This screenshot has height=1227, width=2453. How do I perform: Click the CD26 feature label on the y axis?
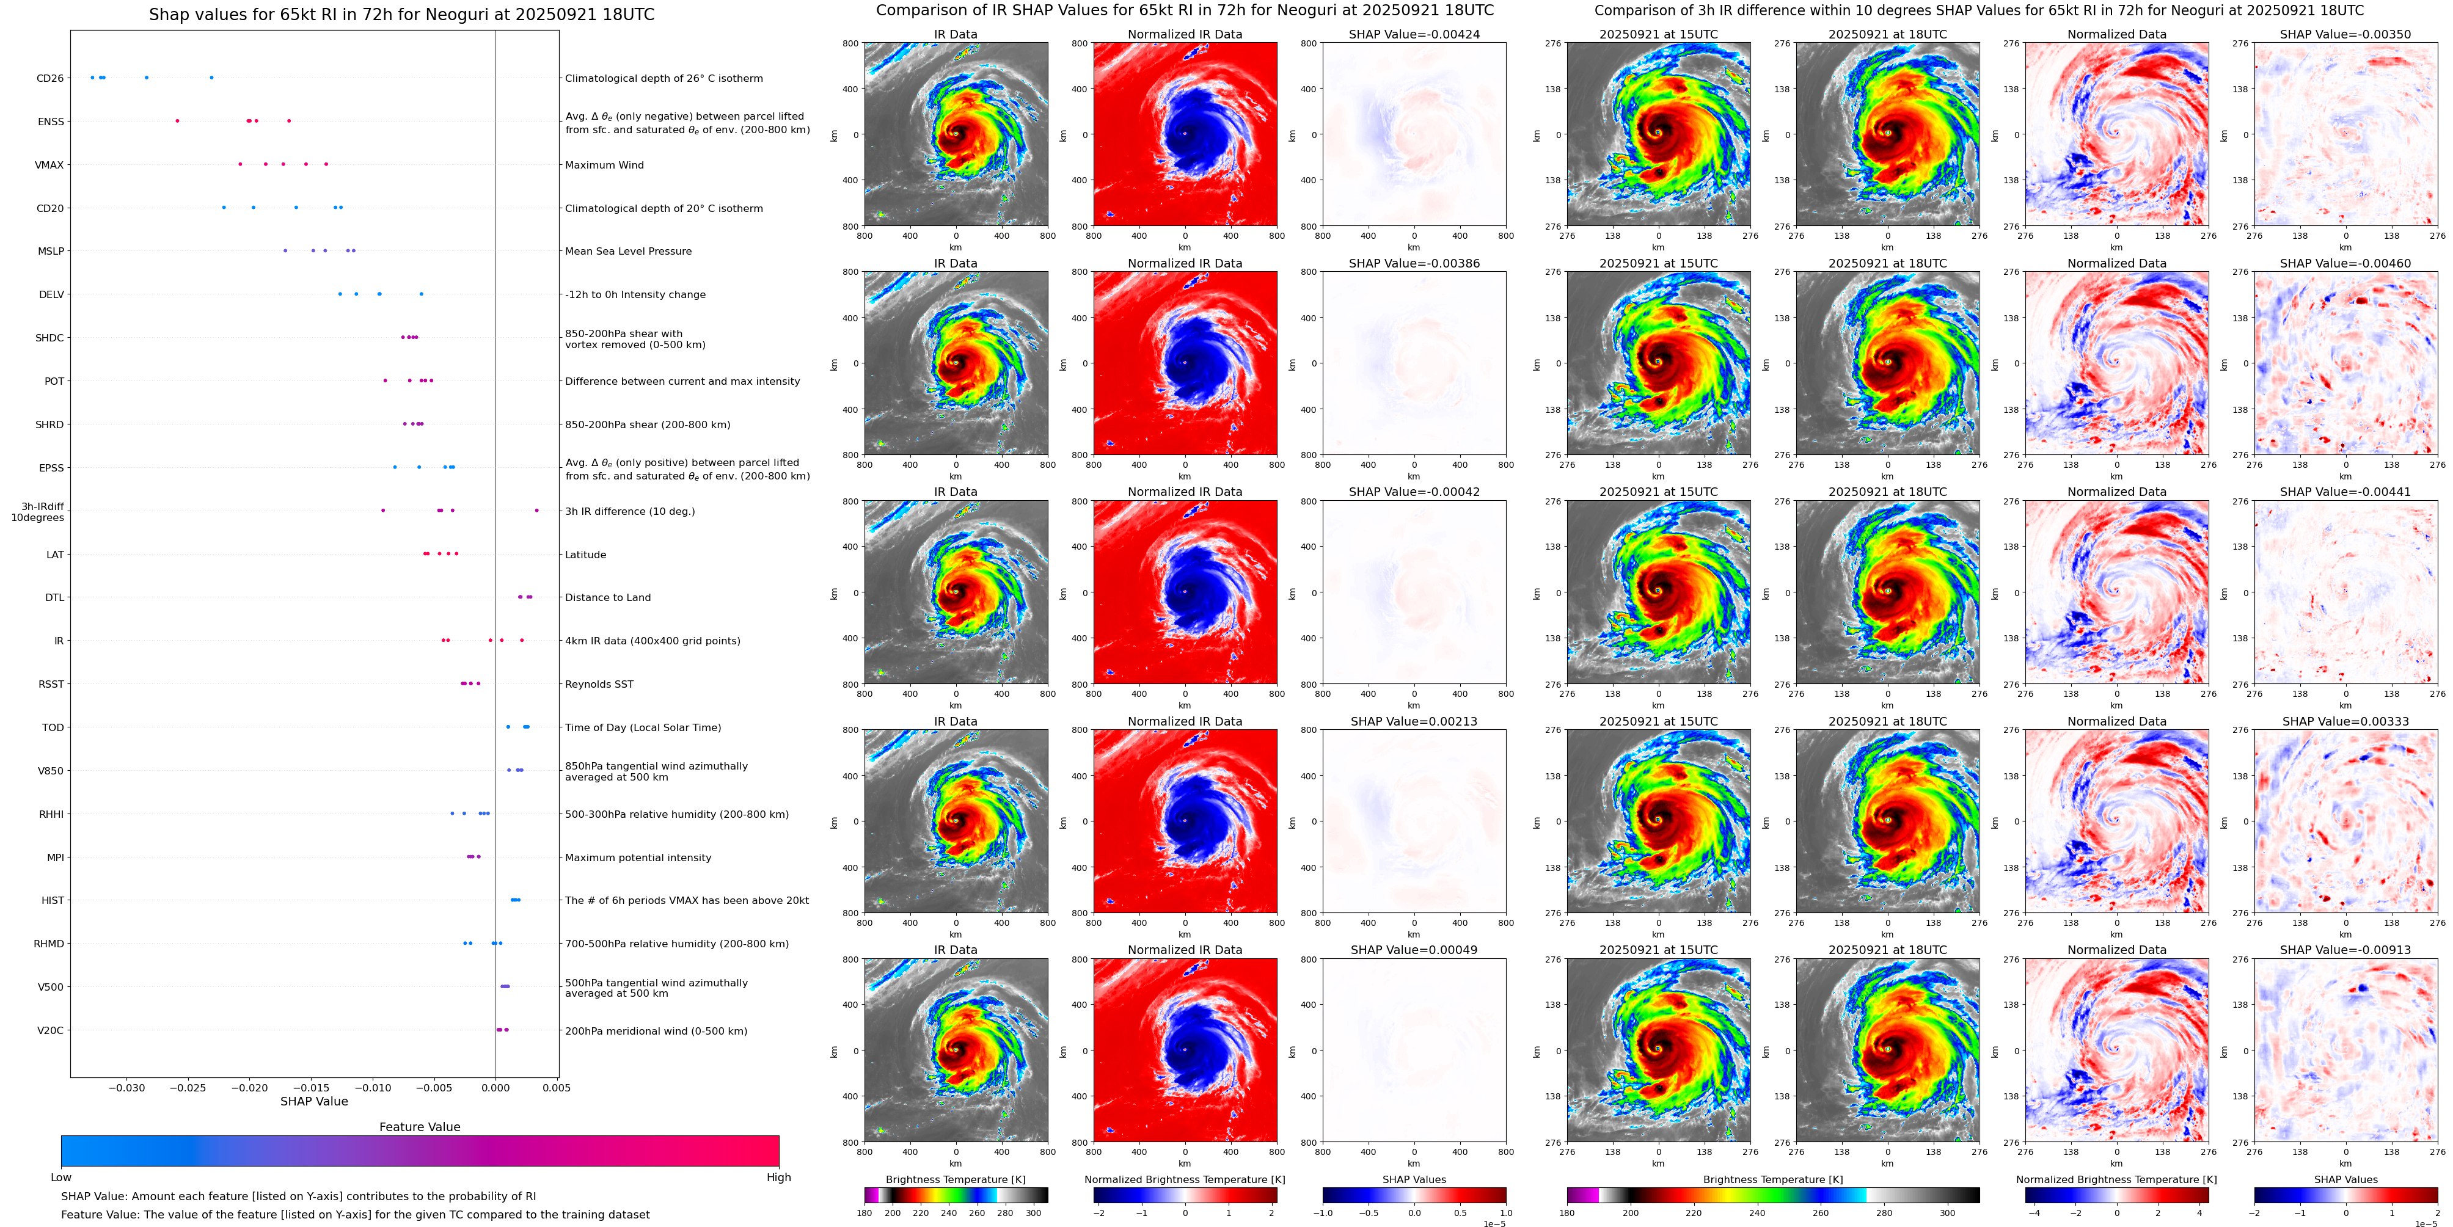tap(49, 78)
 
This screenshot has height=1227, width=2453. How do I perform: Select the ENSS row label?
tap(51, 122)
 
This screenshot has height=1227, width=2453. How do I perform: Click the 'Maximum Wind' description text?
tap(604, 166)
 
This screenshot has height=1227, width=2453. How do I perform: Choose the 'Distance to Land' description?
tap(607, 598)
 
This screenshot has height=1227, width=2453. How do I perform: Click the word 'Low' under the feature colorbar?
tap(61, 1178)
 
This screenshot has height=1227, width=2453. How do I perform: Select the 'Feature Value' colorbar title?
tap(419, 1127)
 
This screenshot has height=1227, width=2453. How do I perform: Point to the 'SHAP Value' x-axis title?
tap(313, 1101)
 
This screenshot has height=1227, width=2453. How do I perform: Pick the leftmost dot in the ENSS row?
tap(177, 121)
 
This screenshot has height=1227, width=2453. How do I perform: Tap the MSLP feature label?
tap(51, 251)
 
